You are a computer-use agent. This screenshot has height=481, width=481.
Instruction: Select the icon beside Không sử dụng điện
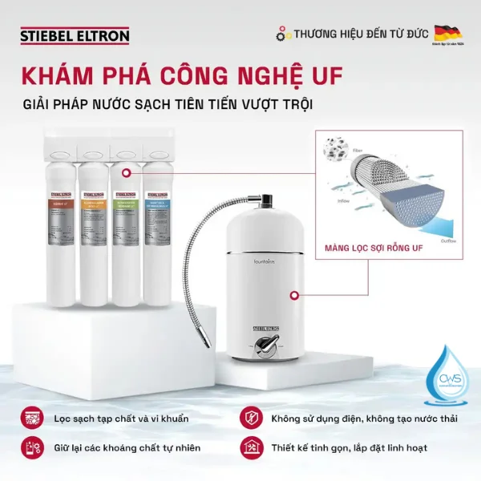(249, 418)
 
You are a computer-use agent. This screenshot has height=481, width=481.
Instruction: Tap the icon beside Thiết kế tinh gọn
(249, 447)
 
